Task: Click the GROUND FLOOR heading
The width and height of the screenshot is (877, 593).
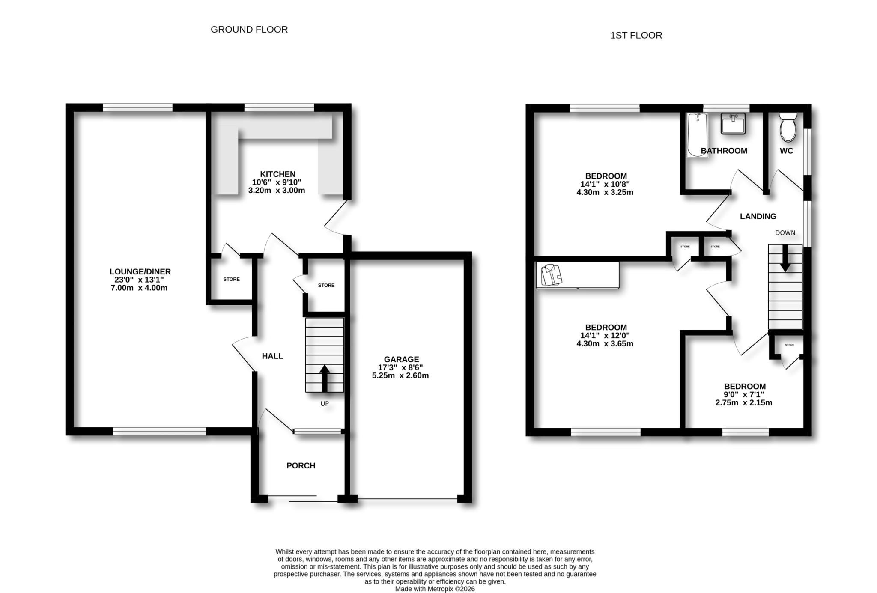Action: (249, 30)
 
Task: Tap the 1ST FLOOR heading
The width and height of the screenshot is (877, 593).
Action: (635, 35)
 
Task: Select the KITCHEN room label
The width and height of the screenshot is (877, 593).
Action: (277, 174)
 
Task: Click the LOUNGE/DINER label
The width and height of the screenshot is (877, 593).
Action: (140, 271)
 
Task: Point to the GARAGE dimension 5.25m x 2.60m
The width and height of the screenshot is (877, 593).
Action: (400, 375)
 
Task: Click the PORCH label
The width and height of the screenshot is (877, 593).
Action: (301, 465)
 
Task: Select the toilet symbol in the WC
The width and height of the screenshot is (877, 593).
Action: (787, 127)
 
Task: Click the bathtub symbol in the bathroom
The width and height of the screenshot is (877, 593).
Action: (697, 134)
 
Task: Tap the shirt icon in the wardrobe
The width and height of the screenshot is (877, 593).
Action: (551, 274)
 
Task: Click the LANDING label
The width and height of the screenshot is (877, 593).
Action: (758, 216)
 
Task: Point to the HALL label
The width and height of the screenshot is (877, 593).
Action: (272, 356)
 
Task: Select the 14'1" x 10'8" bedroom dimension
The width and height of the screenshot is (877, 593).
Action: (605, 184)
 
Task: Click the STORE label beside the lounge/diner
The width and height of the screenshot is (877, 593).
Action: (231, 279)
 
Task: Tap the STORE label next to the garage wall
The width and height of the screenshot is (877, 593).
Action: (326, 285)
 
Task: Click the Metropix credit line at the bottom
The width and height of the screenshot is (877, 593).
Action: (435, 589)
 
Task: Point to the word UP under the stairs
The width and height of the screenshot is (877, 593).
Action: (325, 404)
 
